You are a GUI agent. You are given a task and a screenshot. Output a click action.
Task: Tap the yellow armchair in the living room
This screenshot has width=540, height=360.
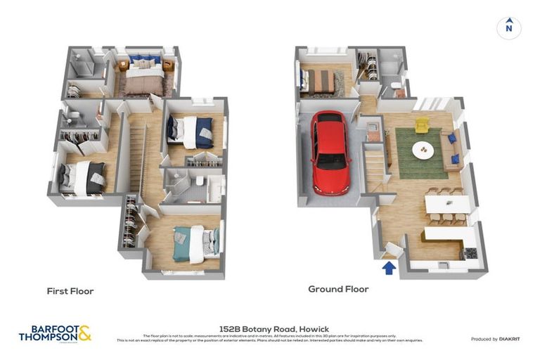click(x=421, y=125)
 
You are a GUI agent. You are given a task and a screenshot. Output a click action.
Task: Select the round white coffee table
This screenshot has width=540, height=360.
click(x=423, y=148)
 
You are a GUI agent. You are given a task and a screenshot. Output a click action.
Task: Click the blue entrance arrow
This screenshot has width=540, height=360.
click(x=387, y=267)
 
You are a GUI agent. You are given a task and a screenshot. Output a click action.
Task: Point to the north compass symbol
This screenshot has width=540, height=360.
click(x=508, y=27)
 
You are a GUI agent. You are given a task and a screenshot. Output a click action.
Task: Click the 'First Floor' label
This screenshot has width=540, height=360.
click(x=70, y=290)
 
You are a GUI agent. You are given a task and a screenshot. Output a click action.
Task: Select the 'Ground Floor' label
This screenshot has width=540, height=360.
click(x=338, y=289)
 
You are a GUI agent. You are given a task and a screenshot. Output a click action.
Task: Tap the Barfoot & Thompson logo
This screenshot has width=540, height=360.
click(x=55, y=333)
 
